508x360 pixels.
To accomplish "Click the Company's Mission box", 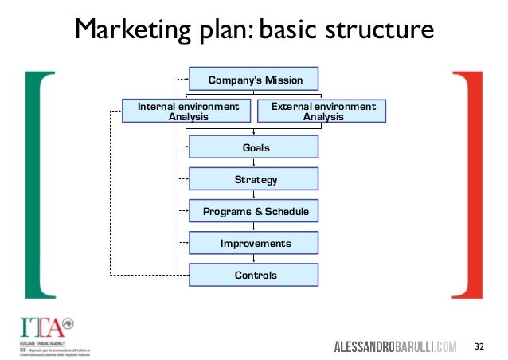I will (253, 80).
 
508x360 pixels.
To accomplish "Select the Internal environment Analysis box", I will (188, 111).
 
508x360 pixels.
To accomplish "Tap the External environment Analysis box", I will (322, 111).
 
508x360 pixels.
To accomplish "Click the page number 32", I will (479, 346).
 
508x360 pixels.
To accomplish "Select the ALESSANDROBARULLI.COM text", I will (395, 346).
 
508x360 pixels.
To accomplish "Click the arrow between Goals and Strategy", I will (253, 163).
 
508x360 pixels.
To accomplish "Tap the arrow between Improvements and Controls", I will (253, 258).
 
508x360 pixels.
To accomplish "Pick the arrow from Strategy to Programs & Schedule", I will (253, 195).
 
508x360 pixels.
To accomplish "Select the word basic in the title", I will (290, 32).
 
